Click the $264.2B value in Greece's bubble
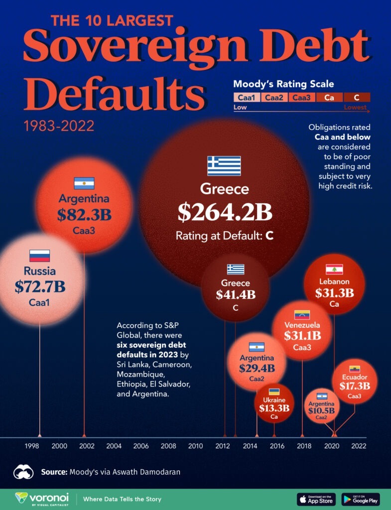pyautogui.click(x=225, y=212)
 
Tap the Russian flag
pyautogui.click(x=39, y=256)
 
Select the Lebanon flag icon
pyautogui.click(x=334, y=269)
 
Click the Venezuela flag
pyautogui.click(x=302, y=315)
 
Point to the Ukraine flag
pyautogui.click(x=274, y=391)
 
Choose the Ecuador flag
pyautogui.click(x=355, y=369)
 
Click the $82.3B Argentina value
pyautogui.click(x=84, y=215)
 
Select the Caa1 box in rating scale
pyautogui.click(x=246, y=98)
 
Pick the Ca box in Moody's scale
pyautogui.click(x=329, y=98)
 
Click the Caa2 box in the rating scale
pyautogui.click(x=273, y=98)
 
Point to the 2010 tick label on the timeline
pyautogui.click(x=195, y=446)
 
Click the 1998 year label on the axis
pyautogui.click(x=32, y=446)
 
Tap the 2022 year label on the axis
pyautogui.click(x=359, y=446)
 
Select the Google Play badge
pyautogui.click(x=360, y=499)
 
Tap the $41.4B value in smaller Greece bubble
pyautogui.click(x=236, y=295)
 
